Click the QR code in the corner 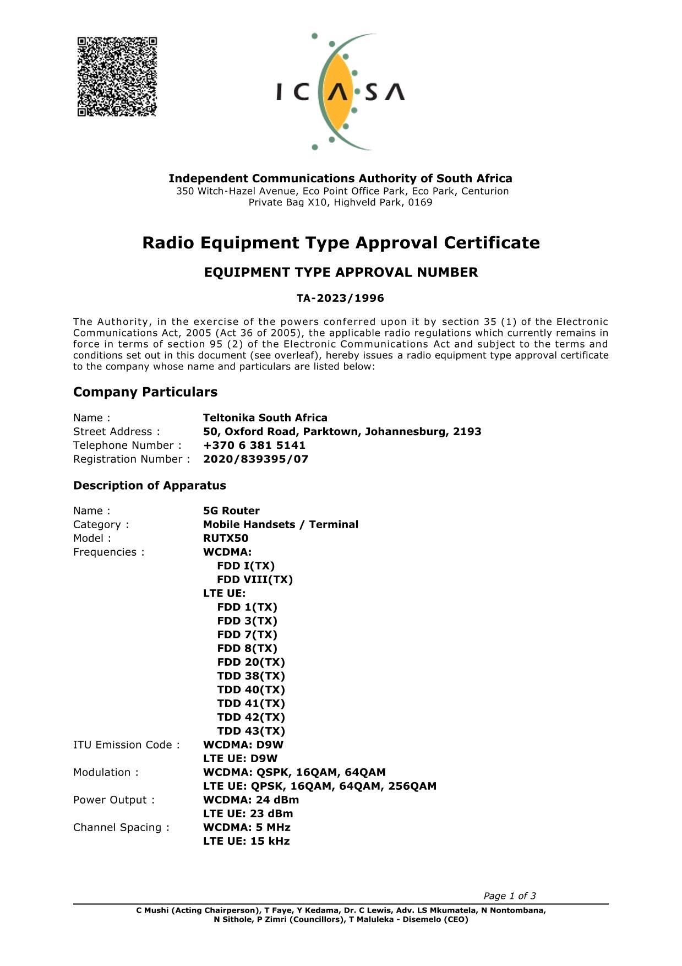(117, 77)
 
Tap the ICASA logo (340, 91)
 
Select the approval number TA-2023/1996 (340, 299)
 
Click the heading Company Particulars (145, 392)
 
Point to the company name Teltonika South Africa (265, 418)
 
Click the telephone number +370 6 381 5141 (254, 446)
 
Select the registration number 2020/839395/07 (255, 459)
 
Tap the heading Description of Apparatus (149, 486)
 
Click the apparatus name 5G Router (231, 511)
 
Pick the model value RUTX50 (226, 539)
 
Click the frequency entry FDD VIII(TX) (255, 580)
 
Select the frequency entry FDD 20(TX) (251, 663)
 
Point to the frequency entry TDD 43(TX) (251, 731)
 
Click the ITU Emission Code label (126, 745)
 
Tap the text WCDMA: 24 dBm (251, 800)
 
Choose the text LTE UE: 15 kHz (246, 842)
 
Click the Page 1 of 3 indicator (509, 896)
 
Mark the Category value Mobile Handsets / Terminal (280, 525)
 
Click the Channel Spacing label (121, 828)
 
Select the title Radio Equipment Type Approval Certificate (341, 243)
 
